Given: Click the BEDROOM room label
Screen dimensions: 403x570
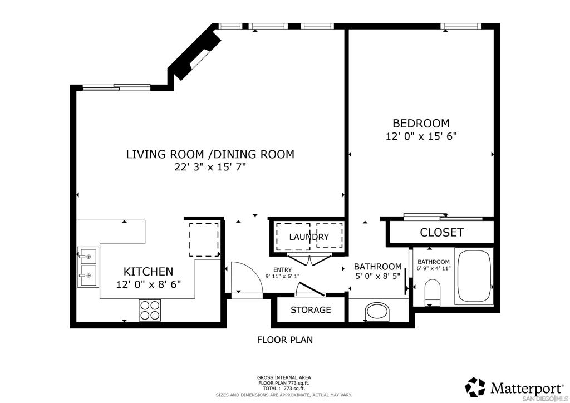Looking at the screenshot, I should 421,123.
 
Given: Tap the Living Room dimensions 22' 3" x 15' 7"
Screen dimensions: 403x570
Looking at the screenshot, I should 209,167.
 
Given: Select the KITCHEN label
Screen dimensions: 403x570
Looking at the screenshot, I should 148,272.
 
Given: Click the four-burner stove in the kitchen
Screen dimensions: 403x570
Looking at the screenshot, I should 149,309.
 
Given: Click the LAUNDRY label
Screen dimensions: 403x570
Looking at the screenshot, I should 308,237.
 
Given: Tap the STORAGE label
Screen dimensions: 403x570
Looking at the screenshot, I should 311,310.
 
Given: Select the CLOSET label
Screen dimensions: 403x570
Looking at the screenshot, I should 441,233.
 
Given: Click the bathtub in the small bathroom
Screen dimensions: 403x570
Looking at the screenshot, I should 474,277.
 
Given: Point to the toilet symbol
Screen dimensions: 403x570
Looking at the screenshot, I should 432,292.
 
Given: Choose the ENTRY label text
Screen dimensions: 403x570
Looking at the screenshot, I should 282,269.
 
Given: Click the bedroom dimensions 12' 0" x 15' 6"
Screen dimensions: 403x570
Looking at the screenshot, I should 421,136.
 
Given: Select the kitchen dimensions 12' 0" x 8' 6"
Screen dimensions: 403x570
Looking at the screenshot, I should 148,284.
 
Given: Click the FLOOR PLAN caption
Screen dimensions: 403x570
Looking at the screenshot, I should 284,340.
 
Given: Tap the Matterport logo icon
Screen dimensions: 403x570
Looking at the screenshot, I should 475,387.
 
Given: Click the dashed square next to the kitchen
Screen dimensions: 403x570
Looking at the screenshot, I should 204,239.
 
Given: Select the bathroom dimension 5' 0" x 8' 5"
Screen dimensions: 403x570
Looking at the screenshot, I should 377,276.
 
